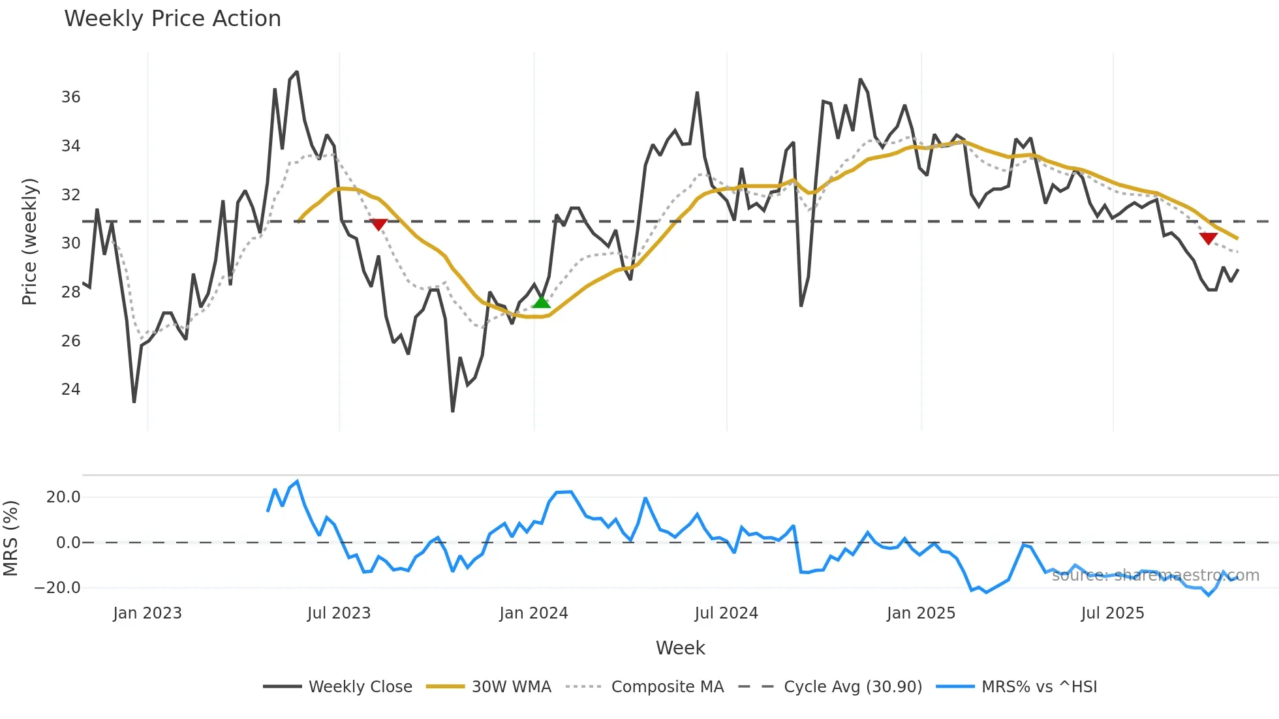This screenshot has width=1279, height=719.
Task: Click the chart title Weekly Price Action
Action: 172,19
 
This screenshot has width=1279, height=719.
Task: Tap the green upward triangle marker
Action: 541,301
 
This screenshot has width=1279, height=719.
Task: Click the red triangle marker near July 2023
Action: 378,224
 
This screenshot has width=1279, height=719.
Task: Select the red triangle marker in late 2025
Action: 1208,239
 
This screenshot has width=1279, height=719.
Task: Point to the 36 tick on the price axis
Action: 70,97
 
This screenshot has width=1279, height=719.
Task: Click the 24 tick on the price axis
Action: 70,390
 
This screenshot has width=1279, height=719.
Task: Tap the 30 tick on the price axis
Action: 70,243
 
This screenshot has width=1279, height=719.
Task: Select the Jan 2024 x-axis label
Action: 533,613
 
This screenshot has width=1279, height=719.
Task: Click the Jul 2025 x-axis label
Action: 1112,613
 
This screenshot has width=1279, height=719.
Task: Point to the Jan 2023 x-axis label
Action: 147,613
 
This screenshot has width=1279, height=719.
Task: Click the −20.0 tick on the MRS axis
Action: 57,588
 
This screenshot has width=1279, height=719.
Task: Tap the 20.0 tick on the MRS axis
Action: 63,497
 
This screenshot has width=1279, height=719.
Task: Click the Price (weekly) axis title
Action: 29,241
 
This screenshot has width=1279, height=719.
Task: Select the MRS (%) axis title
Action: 11,538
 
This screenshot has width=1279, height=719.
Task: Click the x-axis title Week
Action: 680,648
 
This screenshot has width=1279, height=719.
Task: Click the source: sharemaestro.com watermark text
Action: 1155,575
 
